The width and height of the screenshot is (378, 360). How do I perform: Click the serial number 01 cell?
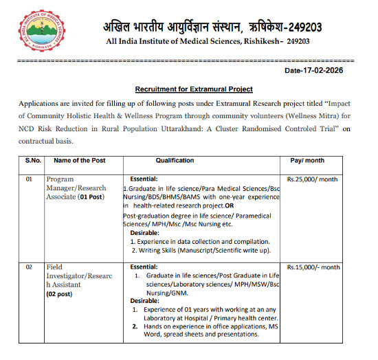29,179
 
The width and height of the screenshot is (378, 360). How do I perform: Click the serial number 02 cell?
29,267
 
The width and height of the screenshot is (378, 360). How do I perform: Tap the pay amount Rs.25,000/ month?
312,179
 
